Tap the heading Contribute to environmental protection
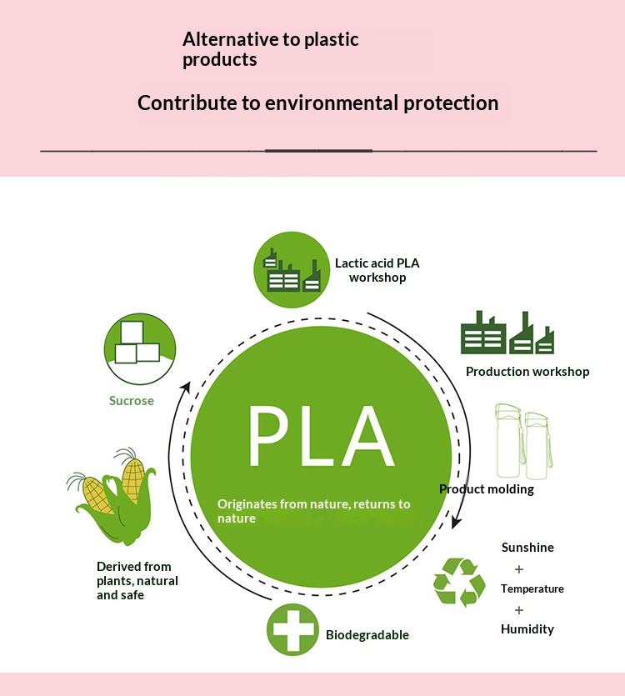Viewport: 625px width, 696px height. (317, 103)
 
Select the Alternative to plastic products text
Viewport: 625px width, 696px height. (270, 49)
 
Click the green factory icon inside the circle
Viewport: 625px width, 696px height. (292, 268)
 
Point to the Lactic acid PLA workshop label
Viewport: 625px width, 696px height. (377, 270)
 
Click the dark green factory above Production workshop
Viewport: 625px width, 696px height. (507, 333)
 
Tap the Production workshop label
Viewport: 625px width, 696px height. (527, 372)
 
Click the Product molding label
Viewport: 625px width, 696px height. (487, 489)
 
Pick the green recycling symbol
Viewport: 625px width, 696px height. (459, 582)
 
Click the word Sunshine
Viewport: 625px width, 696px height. (527, 548)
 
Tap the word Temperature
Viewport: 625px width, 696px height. (532, 588)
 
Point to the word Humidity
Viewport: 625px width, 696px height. (527, 629)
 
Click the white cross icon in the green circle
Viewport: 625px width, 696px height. (292, 629)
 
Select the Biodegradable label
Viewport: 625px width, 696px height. (367, 635)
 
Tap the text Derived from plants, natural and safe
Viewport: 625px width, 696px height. (137, 581)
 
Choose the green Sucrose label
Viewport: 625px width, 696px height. (132, 401)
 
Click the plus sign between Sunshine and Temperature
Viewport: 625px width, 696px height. (519, 569)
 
